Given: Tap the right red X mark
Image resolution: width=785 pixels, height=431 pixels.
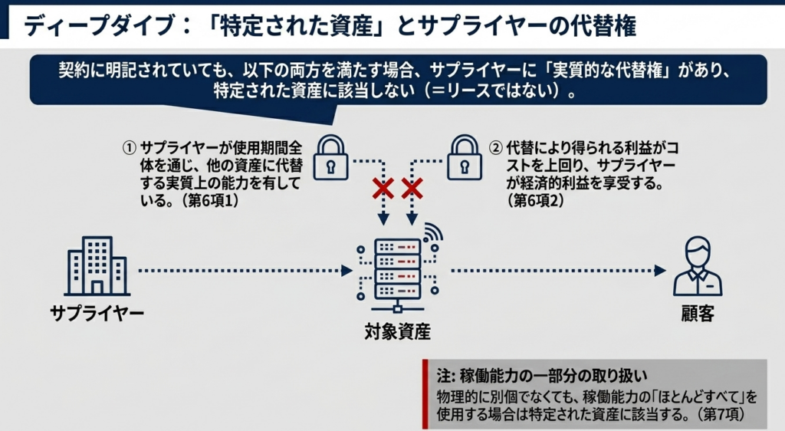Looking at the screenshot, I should (412, 188).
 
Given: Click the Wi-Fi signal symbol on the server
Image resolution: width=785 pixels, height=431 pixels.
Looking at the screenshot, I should (433, 232).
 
